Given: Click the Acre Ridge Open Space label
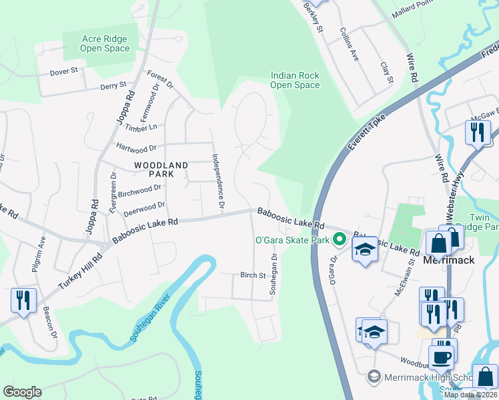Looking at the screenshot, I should (105, 44).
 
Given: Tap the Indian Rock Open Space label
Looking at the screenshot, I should (295, 80).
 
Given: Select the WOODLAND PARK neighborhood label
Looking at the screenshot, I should (153, 169).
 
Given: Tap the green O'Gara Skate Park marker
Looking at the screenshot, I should (340, 239).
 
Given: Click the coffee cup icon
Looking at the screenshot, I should (441, 357).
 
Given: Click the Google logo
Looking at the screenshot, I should (22, 392).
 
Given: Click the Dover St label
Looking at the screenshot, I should (65, 69).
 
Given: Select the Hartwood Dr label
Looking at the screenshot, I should (135, 146).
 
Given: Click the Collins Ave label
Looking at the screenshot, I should (350, 44).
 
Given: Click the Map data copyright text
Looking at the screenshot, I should (470, 395).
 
